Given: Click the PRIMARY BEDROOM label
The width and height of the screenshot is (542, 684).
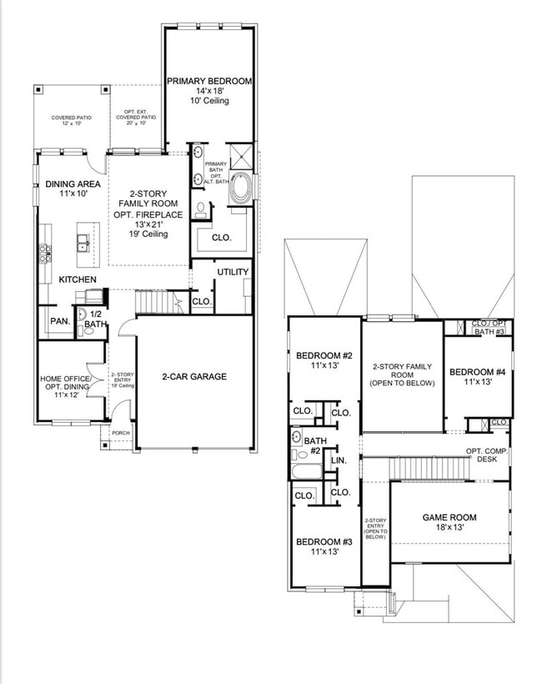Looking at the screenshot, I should [x=209, y=81].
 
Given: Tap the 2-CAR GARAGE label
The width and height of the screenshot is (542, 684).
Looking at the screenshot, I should [x=194, y=377].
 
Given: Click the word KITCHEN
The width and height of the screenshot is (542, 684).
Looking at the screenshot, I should [x=77, y=279].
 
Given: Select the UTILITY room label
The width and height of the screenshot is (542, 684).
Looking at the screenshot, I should [x=233, y=273].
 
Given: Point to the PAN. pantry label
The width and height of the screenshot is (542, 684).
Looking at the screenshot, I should [x=58, y=321].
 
